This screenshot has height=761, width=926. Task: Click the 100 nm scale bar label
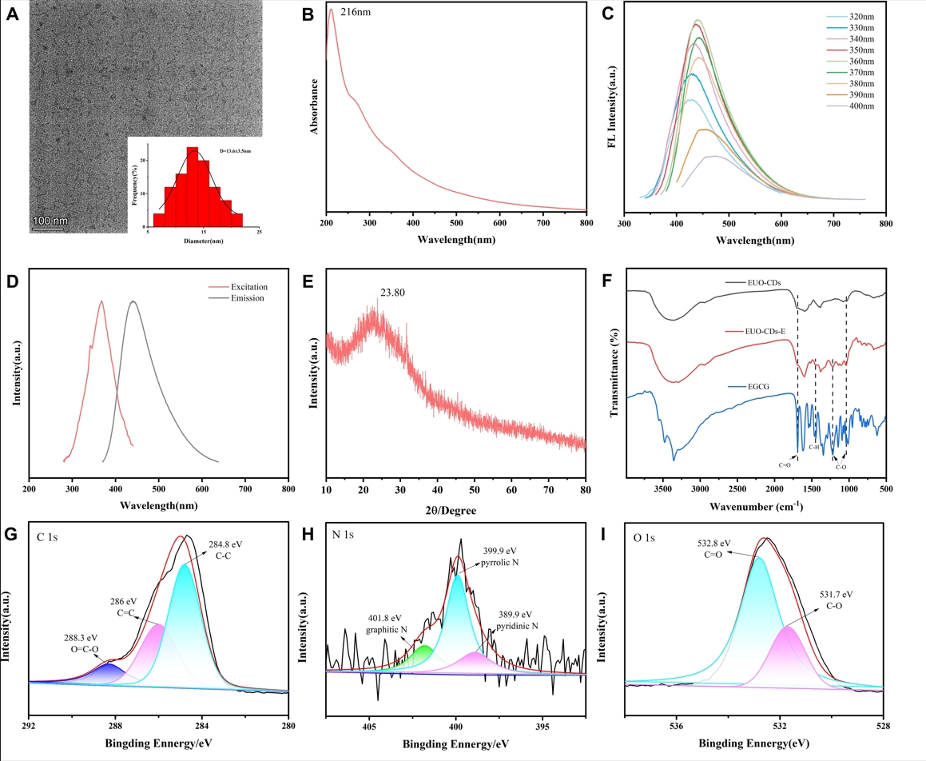coord(50,221)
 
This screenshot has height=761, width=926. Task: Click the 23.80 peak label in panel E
coord(391,293)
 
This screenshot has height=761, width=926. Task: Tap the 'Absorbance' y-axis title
coord(315,106)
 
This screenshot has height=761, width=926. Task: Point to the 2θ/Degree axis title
coord(455,507)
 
